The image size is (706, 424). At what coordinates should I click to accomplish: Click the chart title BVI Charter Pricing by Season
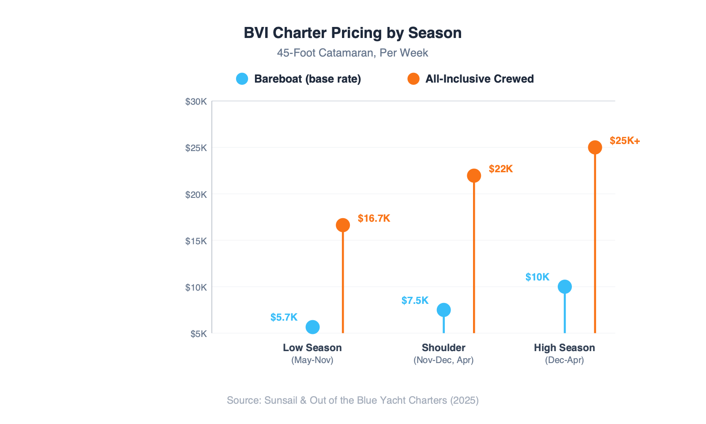tap(353, 33)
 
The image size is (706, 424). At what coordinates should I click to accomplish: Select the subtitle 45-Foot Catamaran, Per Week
tap(353, 53)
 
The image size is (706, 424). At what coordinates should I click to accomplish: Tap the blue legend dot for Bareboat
tap(242, 79)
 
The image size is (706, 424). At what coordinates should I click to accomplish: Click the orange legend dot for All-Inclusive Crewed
tap(413, 79)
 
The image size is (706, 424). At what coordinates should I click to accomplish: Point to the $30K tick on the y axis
tap(196, 102)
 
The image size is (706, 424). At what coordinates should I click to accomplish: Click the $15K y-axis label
tap(196, 241)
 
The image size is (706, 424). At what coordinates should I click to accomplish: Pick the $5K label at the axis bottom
tap(199, 334)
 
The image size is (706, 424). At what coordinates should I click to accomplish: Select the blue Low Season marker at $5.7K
tap(312, 327)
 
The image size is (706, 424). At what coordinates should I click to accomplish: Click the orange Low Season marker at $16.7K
tap(343, 225)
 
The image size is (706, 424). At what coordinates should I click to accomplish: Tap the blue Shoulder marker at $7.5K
tap(443, 310)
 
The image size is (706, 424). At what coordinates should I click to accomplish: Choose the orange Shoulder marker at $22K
tap(474, 176)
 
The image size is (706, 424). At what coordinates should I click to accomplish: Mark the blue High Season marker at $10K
tap(564, 287)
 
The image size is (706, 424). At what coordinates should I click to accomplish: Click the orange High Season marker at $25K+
tap(595, 148)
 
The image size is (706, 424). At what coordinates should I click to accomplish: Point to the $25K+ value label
tap(624, 141)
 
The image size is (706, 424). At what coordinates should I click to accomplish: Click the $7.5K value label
tap(415, 301)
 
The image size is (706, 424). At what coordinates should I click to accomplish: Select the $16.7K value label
tap(374, 219)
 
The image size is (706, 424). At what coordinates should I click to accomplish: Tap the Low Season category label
tap(312, 348)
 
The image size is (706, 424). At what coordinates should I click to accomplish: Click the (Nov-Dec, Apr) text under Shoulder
tap(443, 360)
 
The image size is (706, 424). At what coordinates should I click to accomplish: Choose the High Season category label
tap(564, 348)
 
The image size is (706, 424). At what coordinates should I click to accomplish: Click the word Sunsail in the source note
tap(281, 400)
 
